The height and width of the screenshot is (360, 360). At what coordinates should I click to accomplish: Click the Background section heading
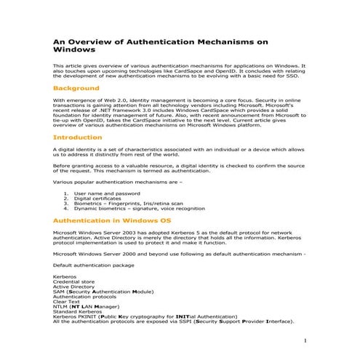(76, 89)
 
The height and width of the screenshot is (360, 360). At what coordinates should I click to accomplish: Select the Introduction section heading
(78, 137)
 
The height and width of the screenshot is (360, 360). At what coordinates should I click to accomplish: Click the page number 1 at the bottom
(305, 340)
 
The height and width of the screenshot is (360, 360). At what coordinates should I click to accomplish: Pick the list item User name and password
(107, 193)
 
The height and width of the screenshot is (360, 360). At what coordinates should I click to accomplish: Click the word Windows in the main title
(74, 51)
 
